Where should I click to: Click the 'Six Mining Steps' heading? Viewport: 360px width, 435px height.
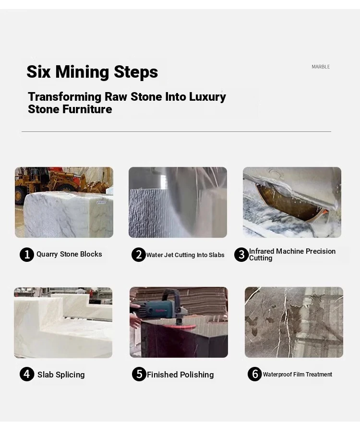(92, 72)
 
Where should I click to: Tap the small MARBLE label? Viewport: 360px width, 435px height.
(321, 67)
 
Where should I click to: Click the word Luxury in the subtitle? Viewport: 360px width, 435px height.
(208, 97)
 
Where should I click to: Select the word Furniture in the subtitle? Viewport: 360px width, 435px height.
(87, 109)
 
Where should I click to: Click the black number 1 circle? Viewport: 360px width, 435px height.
(27, 254)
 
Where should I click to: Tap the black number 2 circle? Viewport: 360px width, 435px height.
(139, 255)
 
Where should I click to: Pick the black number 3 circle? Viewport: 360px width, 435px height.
(241, 255)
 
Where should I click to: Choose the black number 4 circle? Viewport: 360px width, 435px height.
(27, 374)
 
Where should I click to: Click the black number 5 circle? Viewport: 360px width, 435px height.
(139, 374)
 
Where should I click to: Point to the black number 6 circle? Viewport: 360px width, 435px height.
(254, 374)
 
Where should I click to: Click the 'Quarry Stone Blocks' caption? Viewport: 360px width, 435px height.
(69, 254)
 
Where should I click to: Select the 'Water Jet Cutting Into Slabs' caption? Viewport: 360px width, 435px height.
(185, 255)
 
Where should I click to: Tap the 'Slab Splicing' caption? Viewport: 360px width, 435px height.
(61, 375)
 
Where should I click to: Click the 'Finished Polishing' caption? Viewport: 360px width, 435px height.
(180, 375)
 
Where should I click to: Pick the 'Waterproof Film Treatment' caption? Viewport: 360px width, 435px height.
(297, 375)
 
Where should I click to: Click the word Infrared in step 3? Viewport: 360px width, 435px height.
(262, 251)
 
